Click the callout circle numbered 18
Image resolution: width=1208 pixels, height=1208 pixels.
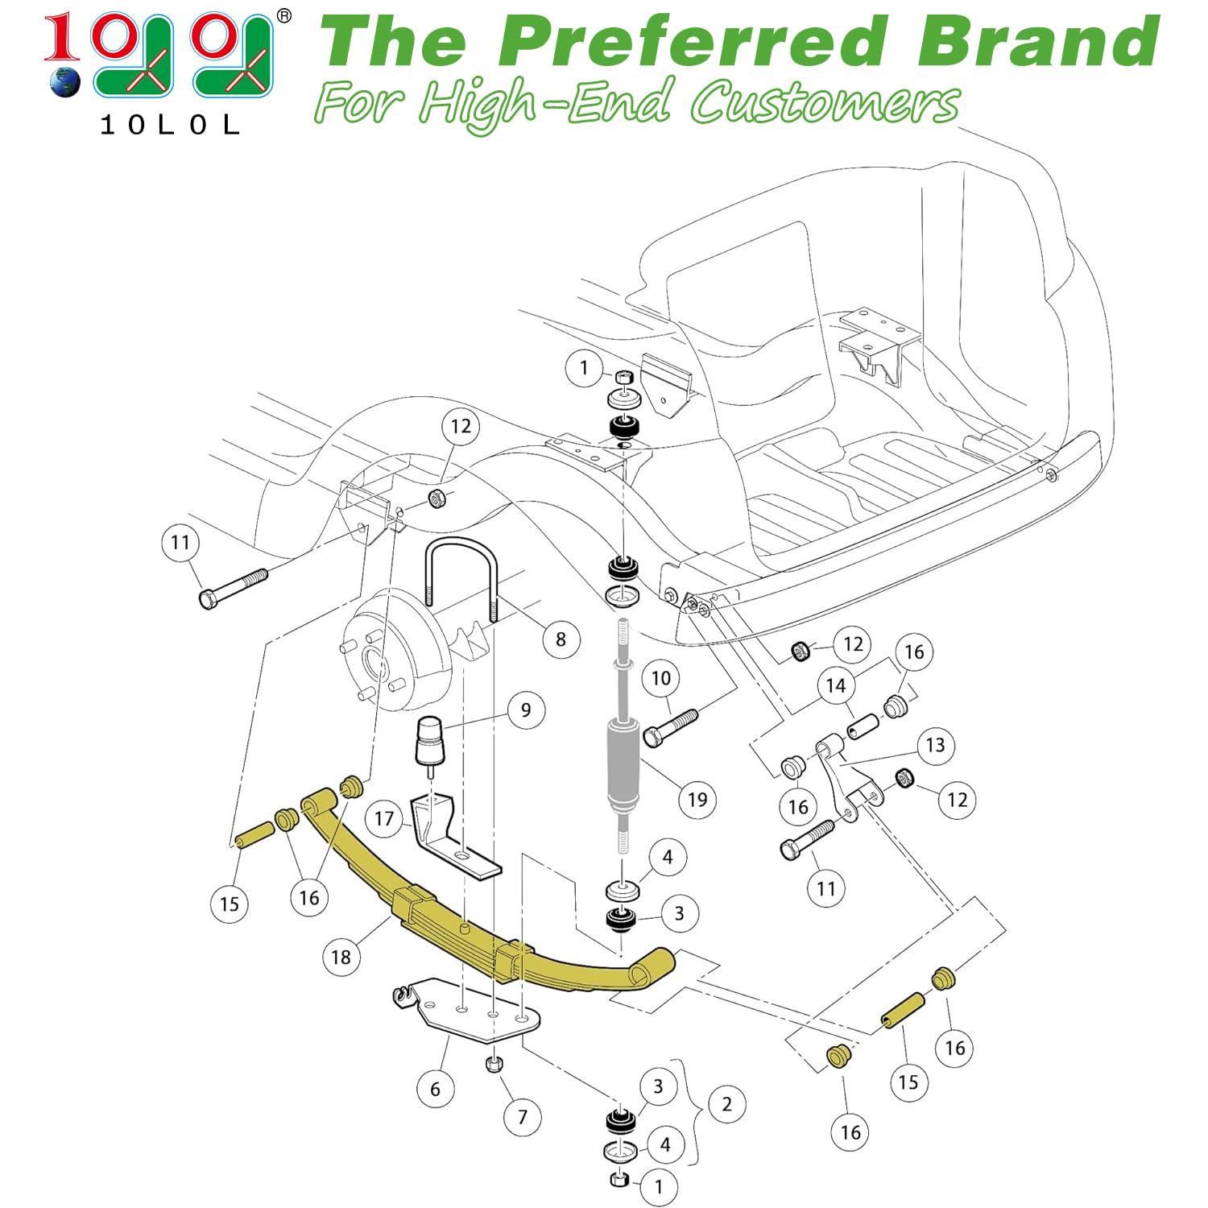coord(341,957)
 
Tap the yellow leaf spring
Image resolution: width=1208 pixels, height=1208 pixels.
coord(451,926)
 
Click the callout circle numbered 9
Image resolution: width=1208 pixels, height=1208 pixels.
coord(526,709)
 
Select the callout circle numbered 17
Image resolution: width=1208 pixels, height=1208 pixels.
coord(384,819)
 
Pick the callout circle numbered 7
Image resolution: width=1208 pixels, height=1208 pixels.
coord(523,1117)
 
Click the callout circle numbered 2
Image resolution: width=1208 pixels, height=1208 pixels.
coord(726,1103)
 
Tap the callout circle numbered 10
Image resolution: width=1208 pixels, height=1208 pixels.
coord(660,678)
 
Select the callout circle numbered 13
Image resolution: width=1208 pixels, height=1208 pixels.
coord(935,745)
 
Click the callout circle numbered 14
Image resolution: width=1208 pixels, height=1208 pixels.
coord(836,685)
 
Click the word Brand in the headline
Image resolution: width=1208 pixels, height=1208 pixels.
coord(1039,42)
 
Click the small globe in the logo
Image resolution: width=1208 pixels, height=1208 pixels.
coord(64,83)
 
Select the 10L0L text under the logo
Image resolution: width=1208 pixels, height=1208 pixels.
coord(169,125)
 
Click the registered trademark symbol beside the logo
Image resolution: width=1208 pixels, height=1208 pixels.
coord(283,14)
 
